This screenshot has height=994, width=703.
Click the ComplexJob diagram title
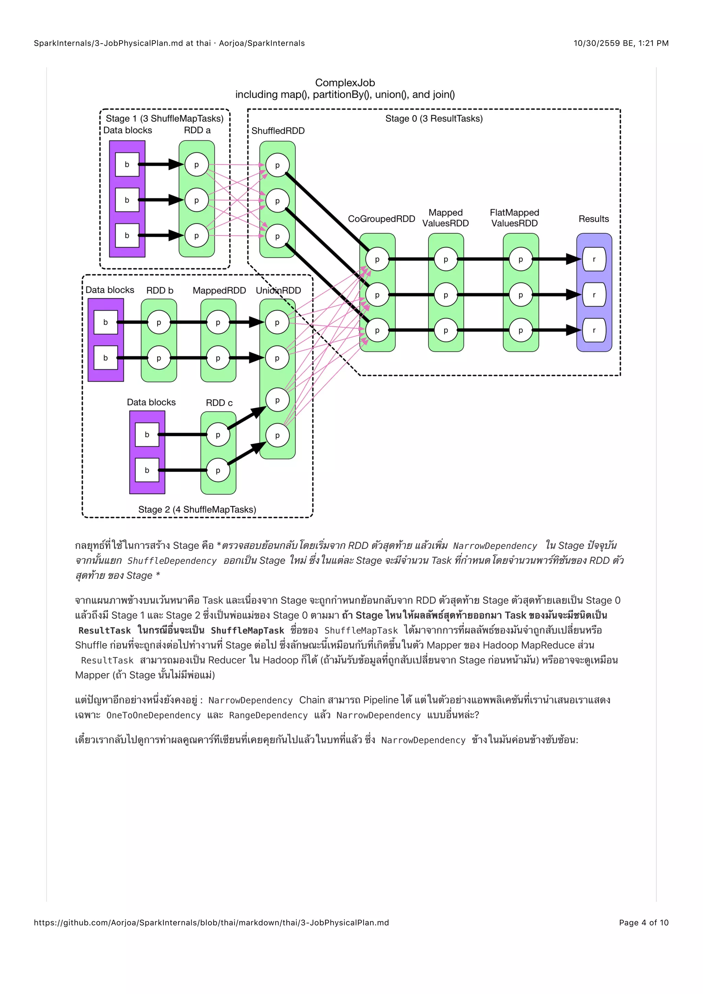pyautogui.click(x=345, y=83)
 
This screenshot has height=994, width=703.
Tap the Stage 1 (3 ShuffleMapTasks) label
pyautogui.click(x=164, y=119)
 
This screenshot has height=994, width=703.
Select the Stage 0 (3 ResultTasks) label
pyautogui.click(x=434, y=119)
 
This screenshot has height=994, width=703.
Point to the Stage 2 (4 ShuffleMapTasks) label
pyautogui.click(x=197, y=510)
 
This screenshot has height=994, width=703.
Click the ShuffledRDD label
pyautogui.click(x=278, y=131)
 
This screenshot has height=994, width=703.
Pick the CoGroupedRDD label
pyautogui.click(x=381, y=219)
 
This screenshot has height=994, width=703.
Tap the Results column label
pyautogui.click(x=593, y=219)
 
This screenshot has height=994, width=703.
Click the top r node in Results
pyautogui.click(x=594, y=259)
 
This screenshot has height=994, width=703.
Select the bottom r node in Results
pyautogui.click(x=594, y=330)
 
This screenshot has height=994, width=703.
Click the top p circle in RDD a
pyautogui.click(x=197, y=165)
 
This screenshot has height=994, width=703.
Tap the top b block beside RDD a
pyautogui.click(x=127, y=164)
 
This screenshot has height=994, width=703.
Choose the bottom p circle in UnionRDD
pyautogui.click(x=277, y=436)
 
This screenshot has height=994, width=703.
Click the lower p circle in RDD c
pyautogui.click(x=218, y=471)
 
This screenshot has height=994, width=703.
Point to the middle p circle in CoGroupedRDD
pyautogui.click(x=377, y=295)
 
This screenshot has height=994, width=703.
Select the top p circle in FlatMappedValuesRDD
pyautogui.click(x=520, y=259)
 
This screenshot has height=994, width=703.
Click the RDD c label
pyautogui.click(x=219, y=403)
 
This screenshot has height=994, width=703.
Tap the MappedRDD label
pyautogui.click(x=219, y=290)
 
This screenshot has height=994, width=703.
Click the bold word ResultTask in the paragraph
pyautogui.click(x=104, y=630)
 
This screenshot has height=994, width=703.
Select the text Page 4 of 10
pyautogui.click(x=643, y=923)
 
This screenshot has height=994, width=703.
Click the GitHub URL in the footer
pyautogui.click(x=211, y=923)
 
